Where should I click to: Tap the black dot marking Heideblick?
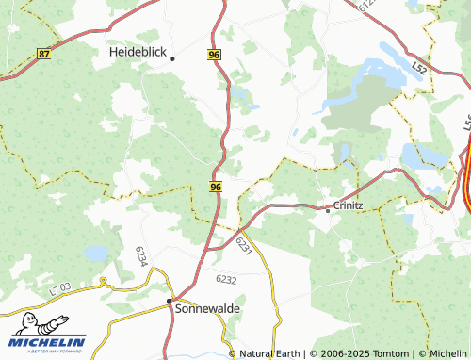pyautogui.click(x=172, y=58)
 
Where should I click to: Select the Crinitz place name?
pyautogui.click(x=349, y=205)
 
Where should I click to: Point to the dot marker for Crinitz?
pyautogui.click(x=327, y=210)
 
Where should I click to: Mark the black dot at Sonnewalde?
pyautogui.click(x=170, y=302)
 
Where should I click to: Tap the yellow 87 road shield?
pyautogui.click(x=44, y=55)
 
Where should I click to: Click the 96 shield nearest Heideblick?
pyautogui.click(x=214, y=56)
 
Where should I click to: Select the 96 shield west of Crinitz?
pyautogui.click(x=216, y=188)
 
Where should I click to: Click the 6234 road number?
pyautogui.click(x=141, y=255)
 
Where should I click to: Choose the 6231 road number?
pyautogui.click(x=244, y=245)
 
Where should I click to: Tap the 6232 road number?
pyautogui.click(x=226, y=280)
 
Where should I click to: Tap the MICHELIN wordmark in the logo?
pyautogui.click(x=49, y=341)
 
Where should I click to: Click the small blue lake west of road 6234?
pyautogui.click(x=95, y=253)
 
